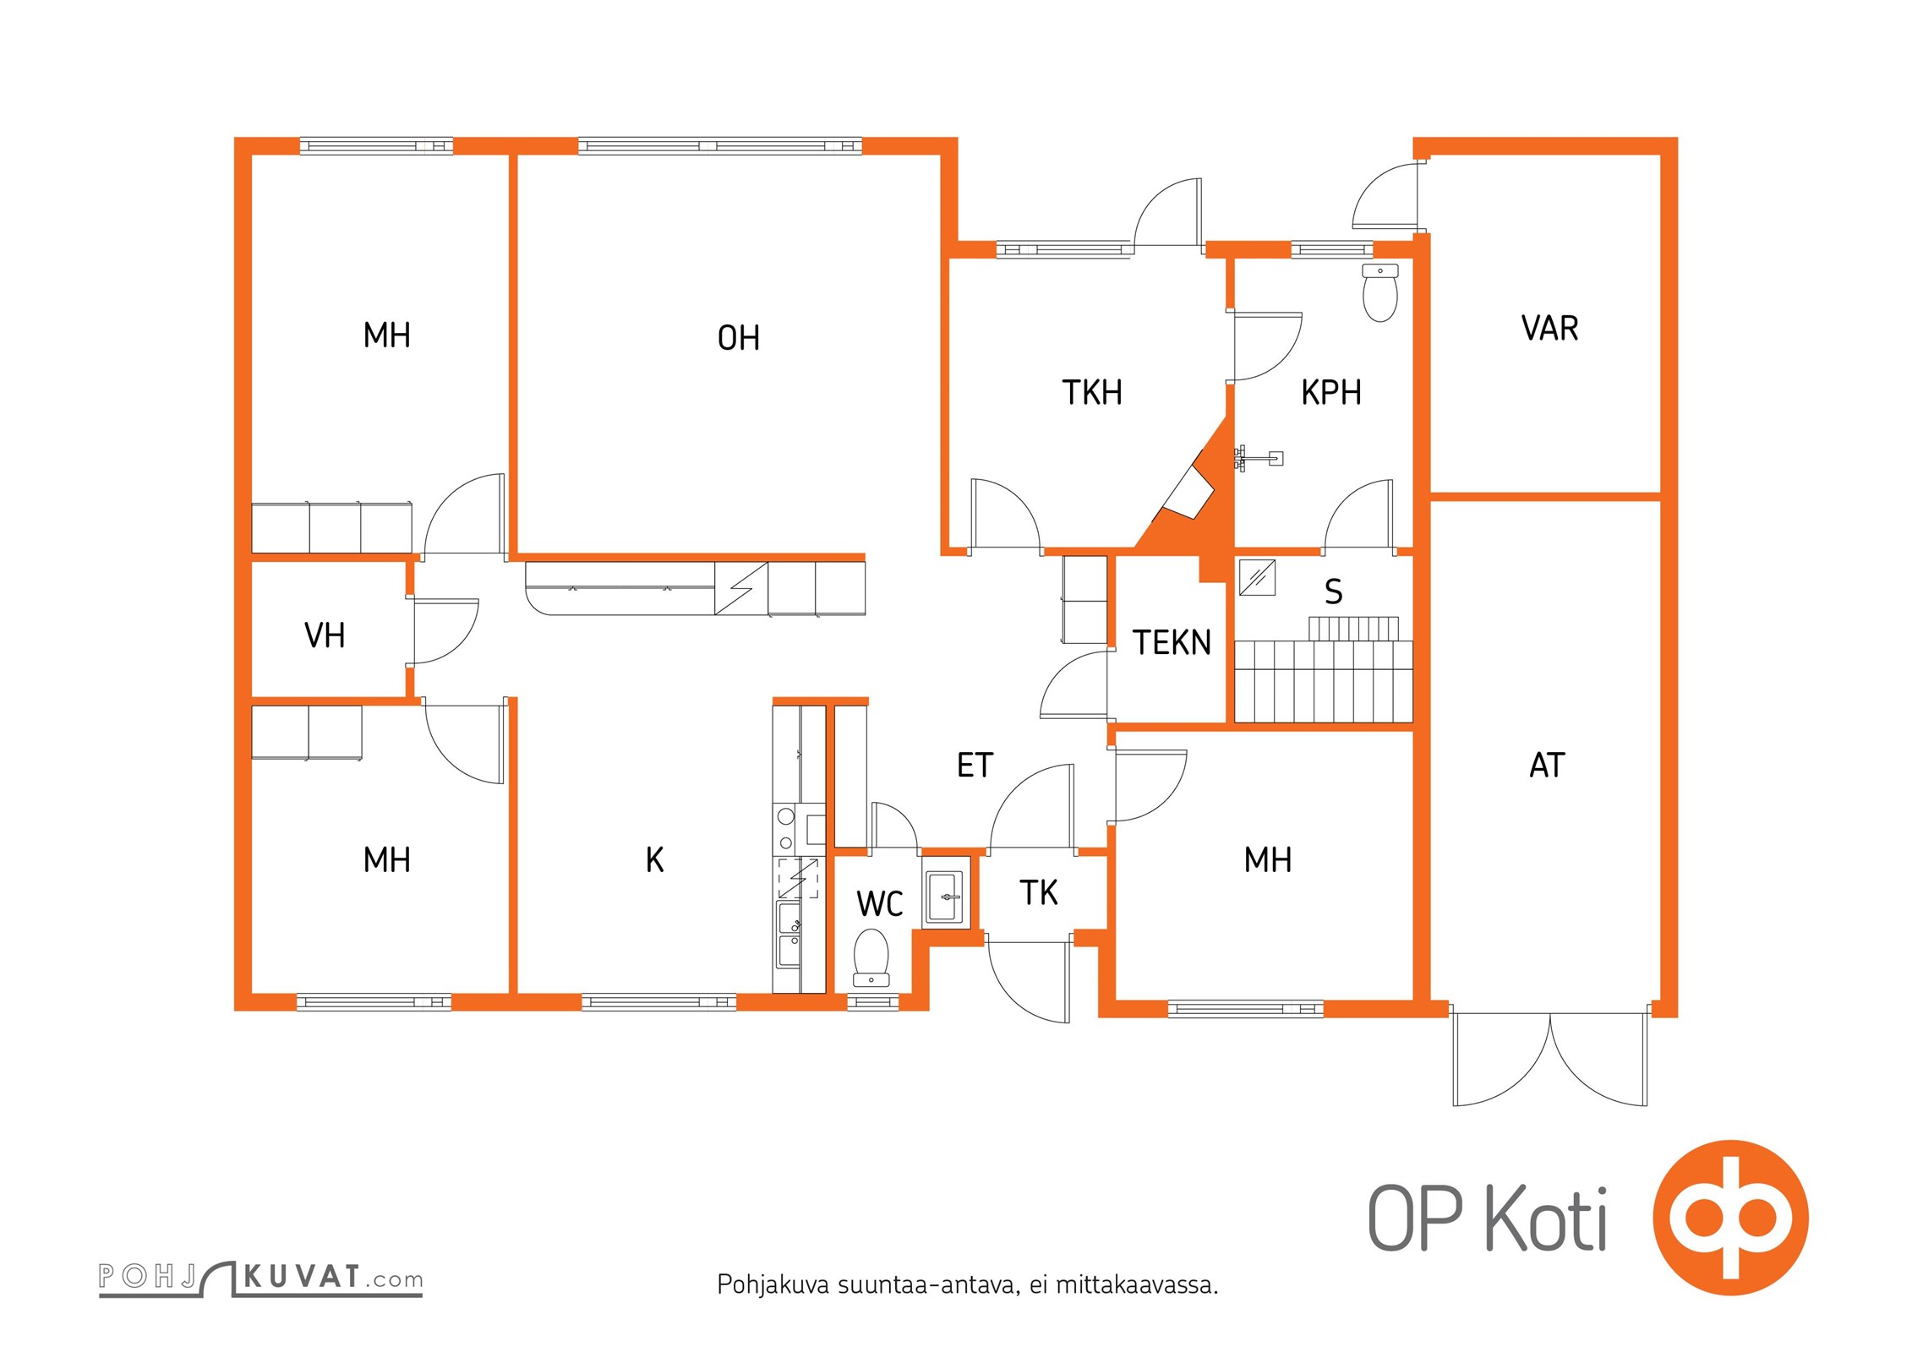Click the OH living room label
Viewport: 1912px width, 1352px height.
point(738,338)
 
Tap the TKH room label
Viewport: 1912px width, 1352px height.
point(1091,392)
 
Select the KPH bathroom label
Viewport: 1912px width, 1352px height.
point(1330,392)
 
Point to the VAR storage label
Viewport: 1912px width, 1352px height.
point(1549,328)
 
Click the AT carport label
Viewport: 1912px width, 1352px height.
point(1547,765)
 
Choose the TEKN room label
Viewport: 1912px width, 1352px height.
point(1172,642)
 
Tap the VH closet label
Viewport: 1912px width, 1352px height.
point(325,635)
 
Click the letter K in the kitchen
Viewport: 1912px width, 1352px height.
point(654,859)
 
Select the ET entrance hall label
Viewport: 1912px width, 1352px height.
point(975,765)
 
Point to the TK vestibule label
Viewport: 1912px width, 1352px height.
point(1038,892)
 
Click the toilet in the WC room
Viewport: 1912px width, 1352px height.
point(871,958)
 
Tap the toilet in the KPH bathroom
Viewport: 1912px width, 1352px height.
point(1380,292)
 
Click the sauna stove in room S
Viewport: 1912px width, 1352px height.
point(1257,578)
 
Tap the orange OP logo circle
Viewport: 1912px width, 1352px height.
point(1730,1218)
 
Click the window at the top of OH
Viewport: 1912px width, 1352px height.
point(720,146)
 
